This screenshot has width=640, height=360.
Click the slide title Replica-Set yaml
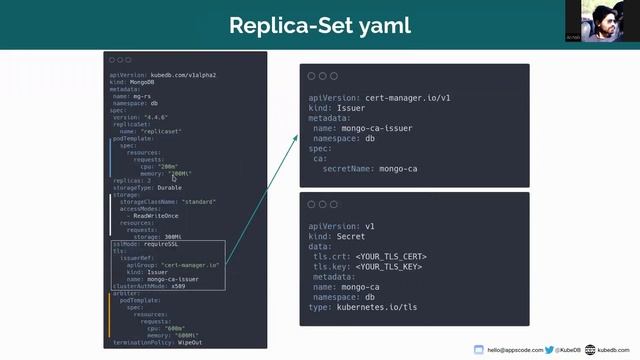click(320, 24)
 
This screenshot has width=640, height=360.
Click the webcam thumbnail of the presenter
click(607, 24)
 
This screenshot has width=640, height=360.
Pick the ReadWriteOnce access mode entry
click(156, 215)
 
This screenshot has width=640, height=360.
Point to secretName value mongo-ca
click(398, 169)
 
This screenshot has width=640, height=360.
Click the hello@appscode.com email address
click(515, 350)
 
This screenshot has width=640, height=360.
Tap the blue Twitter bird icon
click(550, 350)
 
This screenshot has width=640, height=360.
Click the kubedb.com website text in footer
click(613, 350)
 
